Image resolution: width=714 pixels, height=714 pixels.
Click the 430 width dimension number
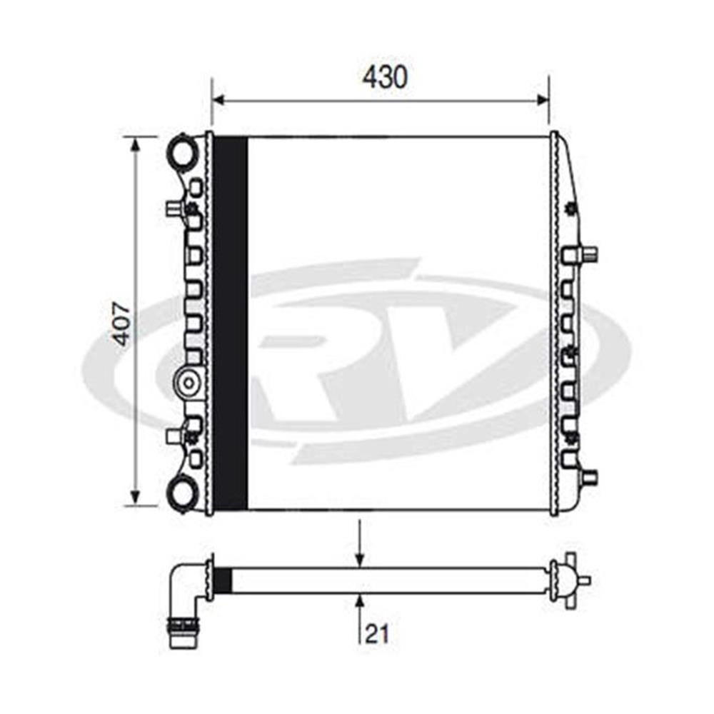385,76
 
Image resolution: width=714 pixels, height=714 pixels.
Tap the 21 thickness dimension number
378,634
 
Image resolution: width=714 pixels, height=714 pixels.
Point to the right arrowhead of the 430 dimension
542,100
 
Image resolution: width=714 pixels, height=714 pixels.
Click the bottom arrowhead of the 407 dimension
135,497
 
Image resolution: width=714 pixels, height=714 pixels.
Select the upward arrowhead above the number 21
360,603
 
